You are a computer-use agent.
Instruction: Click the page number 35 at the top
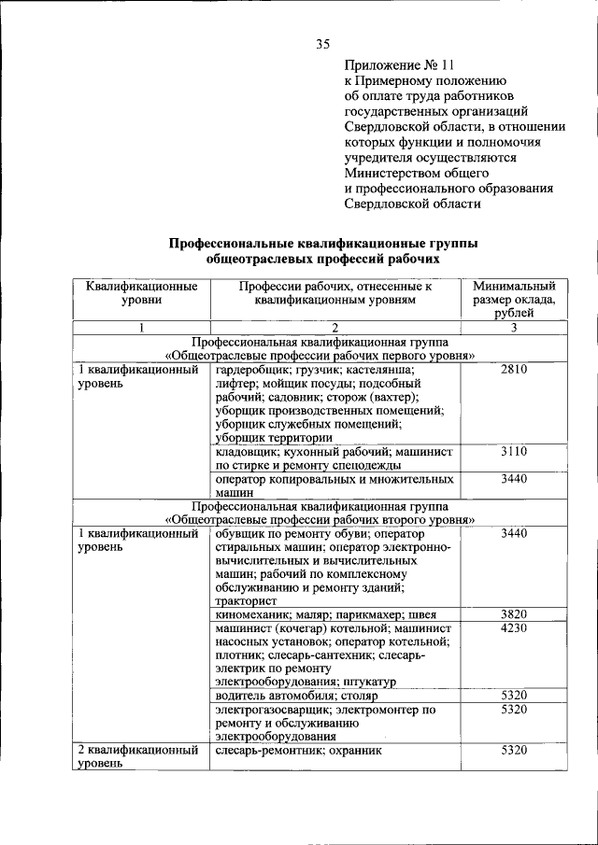pos(323,43)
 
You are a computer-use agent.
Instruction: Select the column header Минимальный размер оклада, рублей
pos(514,300)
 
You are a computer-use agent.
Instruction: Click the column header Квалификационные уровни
pos(141,293)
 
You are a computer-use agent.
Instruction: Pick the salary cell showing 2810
pos(514,370)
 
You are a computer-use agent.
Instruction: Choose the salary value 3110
pos(514,451)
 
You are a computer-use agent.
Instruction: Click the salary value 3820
pos(514,614)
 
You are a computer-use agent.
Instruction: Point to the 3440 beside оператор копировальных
pos(514,478)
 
